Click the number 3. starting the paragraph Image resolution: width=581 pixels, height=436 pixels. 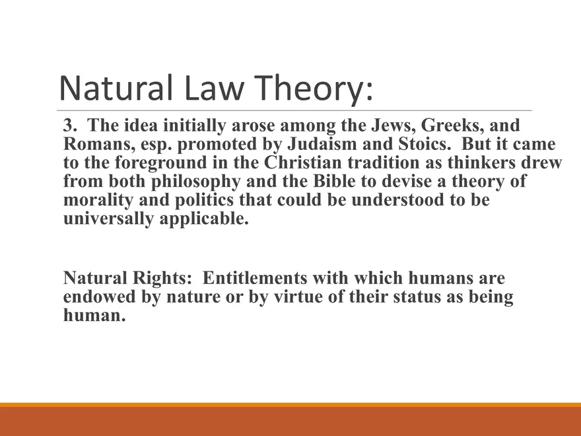tap(71, 126)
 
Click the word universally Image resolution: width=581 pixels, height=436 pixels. tap(108, 219)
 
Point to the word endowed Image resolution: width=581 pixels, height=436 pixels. tap(100, 297)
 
